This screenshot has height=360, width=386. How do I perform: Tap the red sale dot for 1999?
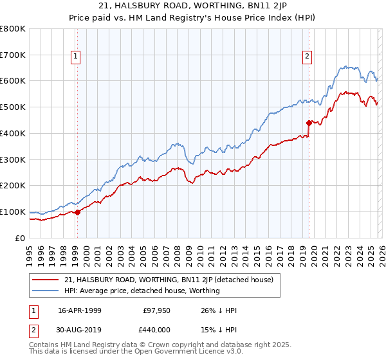[x=77, y=212]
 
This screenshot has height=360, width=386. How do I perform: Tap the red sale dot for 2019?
[x=309, y=122]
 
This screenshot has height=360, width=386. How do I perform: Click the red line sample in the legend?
[x=46, y=280]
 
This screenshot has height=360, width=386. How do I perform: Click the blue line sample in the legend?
[x=46, y=291]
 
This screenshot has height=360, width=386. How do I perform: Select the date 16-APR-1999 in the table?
[x=80, y=310]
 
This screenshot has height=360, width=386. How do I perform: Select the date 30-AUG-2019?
[x=80, y=330]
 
